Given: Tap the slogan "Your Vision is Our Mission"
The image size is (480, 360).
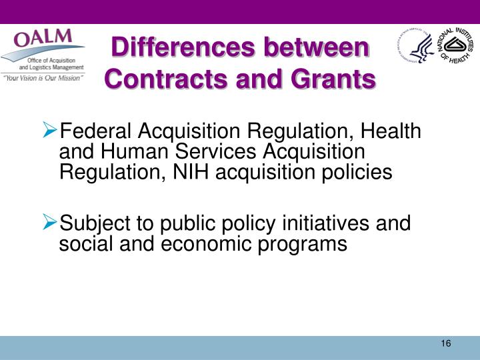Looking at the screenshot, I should coord(43,78).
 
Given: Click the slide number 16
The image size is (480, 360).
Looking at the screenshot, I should coord(446,343).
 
